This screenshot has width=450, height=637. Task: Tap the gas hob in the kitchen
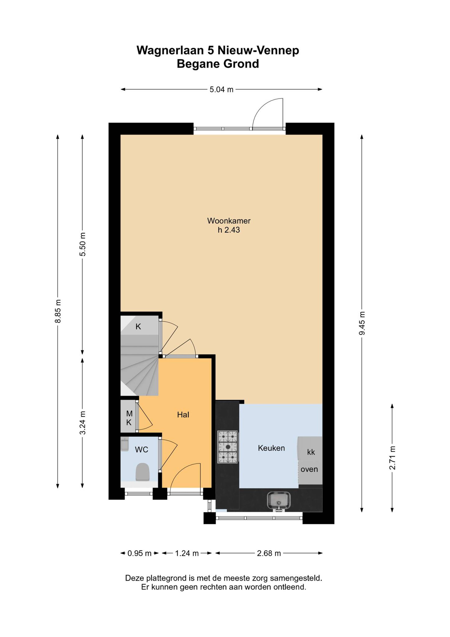pos(228,447)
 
